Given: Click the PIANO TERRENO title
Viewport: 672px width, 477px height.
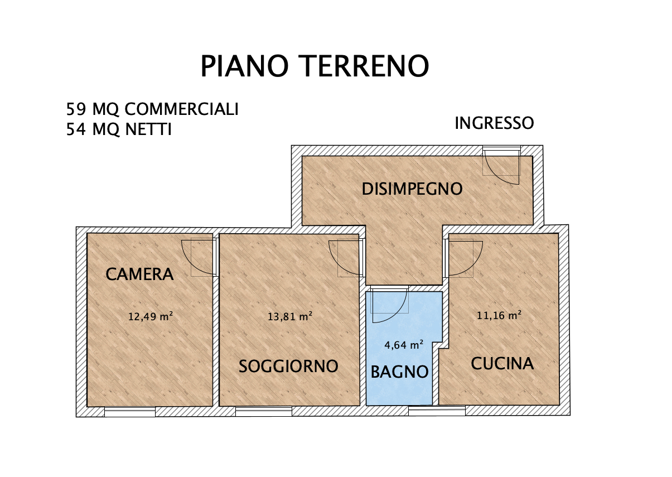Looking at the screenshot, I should click(315, 66).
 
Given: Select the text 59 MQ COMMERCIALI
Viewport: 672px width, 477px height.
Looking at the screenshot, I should click(152, 109).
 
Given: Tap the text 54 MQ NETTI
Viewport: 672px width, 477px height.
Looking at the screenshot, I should click(119, 129).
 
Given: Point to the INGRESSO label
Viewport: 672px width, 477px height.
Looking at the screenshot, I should click(494, 123).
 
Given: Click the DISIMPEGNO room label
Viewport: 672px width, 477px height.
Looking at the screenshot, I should click(412, 189).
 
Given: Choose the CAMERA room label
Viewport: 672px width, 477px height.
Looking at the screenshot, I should click(140, 274).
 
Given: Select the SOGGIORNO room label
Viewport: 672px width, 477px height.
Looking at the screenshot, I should click(288, 366).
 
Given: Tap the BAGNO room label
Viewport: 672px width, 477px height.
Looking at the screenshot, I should click(400, 372).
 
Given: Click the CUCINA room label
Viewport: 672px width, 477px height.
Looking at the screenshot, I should click(502, 364).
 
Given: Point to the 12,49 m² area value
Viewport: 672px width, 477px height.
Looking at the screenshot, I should click(150, 317).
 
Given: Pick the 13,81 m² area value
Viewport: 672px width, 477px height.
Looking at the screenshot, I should click(290, 317).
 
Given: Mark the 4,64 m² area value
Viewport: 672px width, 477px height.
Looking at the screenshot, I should click(404, 345).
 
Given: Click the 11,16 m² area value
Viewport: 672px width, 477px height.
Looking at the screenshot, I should click(499, 315).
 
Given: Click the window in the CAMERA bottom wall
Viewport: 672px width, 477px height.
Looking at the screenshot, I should click(130, 412).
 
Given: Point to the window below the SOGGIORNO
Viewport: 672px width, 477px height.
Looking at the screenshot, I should click(264, 412).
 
